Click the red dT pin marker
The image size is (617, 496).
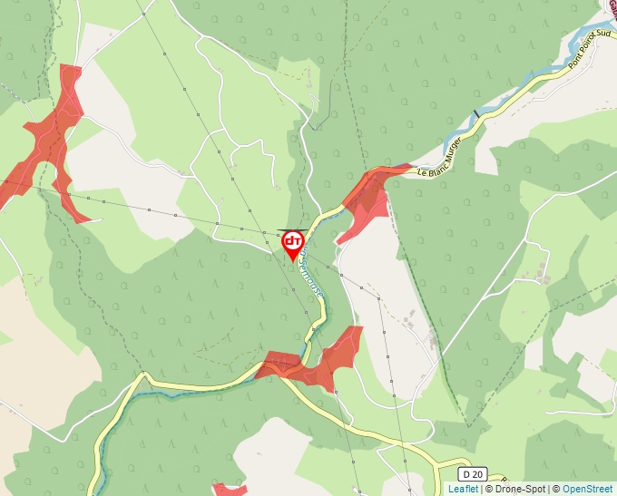pyautogui.click(x=293, y=242)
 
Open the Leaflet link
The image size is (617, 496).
pyautogui.click(x=463, y=489)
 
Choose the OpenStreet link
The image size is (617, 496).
pyautogui.click(x=587, y=489)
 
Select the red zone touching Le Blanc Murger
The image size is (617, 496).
pyautogui.click(x=368, y=199)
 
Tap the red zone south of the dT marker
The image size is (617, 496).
pyautogui.click(x=318, y=363)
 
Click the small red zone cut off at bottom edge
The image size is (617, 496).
pyautogui.click(x=230, y=491)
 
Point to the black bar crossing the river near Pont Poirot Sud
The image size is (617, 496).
pyautogui.click(x=475, y=114)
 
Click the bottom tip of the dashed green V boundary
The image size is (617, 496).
pyautogui.click(x=465, y=424)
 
